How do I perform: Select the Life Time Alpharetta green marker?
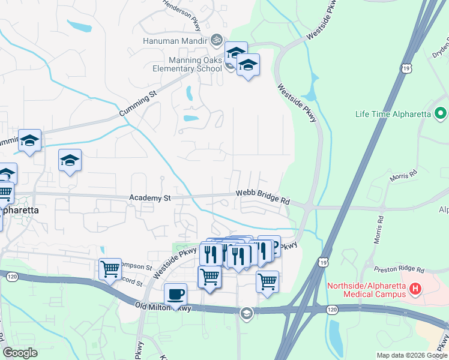point(441,113)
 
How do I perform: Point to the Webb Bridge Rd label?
point(262,196)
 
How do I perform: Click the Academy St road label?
point(151,197)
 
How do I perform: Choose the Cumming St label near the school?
point(137,103)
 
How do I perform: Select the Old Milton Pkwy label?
point(163,307)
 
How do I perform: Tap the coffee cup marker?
point(175,294)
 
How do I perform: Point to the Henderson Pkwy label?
point(182,13)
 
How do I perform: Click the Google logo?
point(20,353)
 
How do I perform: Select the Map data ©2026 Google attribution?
point(411,355)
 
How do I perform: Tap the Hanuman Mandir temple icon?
point(217,40)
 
